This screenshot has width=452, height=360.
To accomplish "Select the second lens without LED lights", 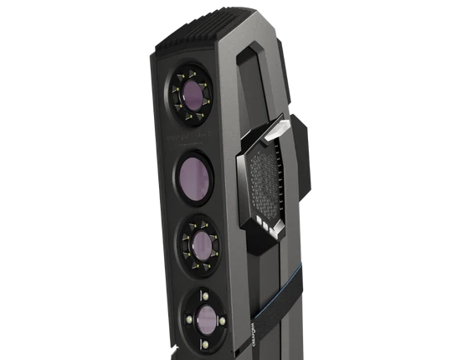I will tap(194, 177).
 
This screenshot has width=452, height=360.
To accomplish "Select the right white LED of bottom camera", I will tap(222, 319).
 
